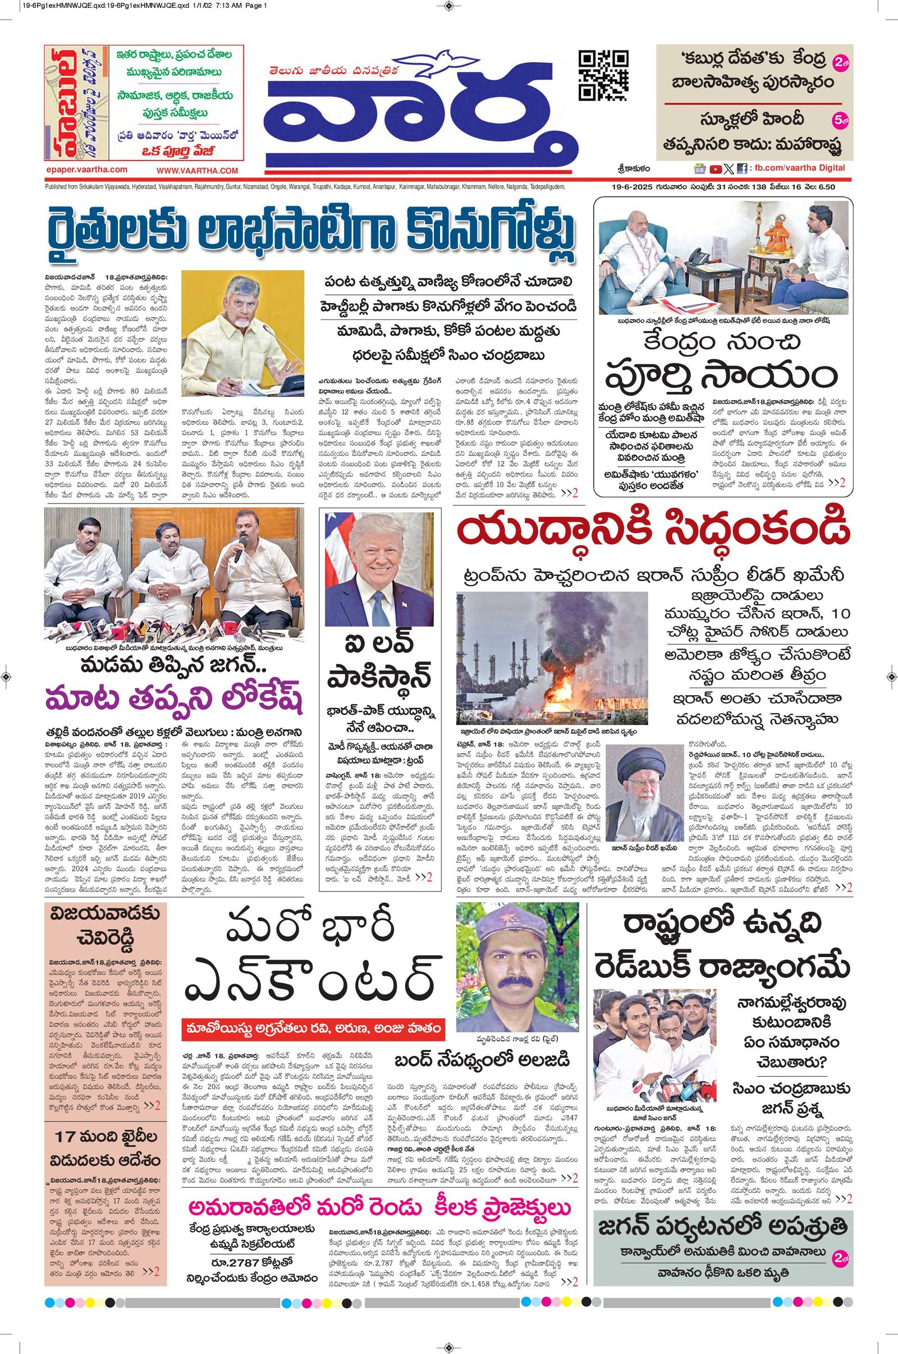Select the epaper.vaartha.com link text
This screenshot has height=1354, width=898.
tap(86, 170)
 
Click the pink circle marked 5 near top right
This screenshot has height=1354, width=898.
tap(842, 121)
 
